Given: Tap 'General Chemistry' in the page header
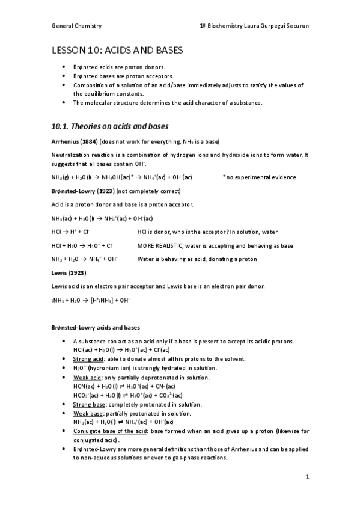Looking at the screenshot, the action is (x=76, y=26).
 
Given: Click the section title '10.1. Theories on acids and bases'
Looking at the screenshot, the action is (x=110, y=126).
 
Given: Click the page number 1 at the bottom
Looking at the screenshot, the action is (x=307, y=478).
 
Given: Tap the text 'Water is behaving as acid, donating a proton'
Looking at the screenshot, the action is (x=197, y=259).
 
